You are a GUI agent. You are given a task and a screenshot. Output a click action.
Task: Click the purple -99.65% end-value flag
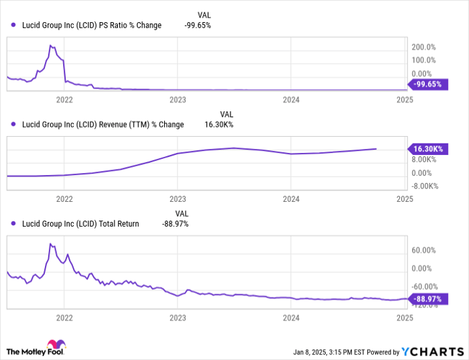tap(428, 85)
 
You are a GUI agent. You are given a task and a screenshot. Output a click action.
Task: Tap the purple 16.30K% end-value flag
tap(428, 148)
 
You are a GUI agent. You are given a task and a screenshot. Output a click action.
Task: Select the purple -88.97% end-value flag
tap(428, 299)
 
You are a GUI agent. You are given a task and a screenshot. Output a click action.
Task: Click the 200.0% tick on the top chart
tap(423, 48)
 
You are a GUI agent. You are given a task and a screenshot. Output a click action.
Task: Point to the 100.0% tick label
tap(423, 61)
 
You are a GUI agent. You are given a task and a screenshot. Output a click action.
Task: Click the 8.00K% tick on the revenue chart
tap(425, 160)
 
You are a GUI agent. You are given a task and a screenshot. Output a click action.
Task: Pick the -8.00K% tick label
tap(425, 186)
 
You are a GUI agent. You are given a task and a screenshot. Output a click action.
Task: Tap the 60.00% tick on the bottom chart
tap(423, 250)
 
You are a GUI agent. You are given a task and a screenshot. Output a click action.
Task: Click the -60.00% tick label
tap(423, 287)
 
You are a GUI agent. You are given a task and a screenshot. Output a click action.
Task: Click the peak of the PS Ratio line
tap(51, 46)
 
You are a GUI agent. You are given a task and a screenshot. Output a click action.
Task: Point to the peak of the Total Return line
tap(51, 243)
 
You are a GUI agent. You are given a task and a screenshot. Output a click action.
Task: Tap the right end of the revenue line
tap(376, 149)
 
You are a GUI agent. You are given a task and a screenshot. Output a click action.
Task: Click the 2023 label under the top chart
tap(178, 99)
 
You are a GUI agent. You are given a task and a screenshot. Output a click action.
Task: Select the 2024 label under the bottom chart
tap(291, 318)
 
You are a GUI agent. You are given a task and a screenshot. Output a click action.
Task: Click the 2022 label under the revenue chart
tap(64, 199)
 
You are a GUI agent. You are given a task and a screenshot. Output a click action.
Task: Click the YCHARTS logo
tap(432, 351)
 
